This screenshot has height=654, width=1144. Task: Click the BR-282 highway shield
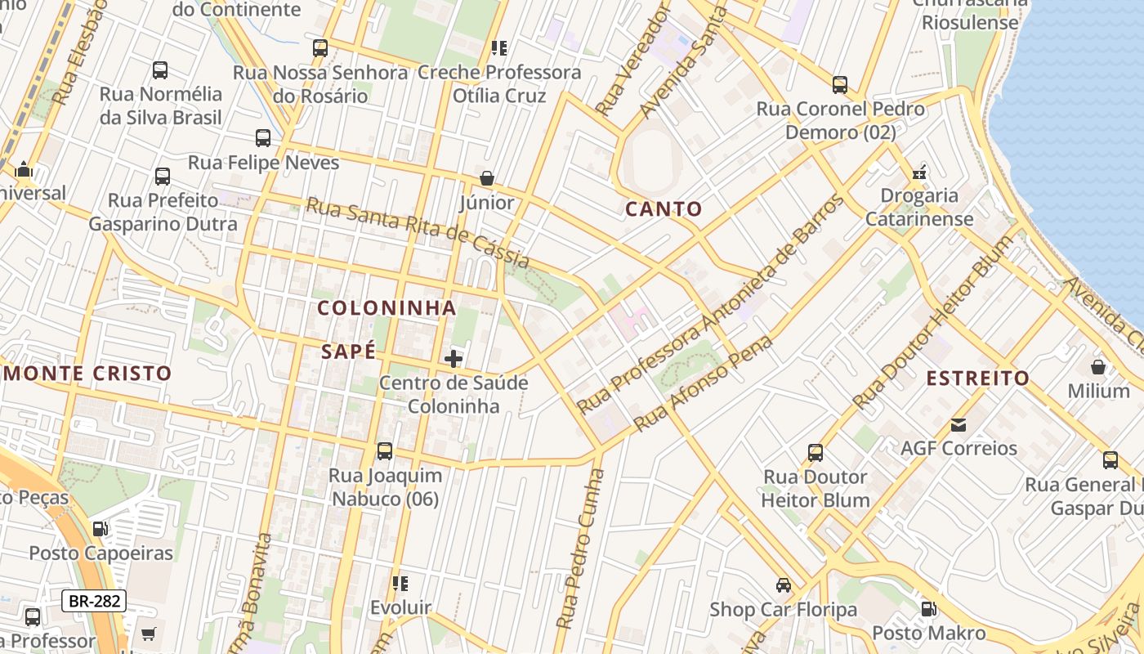(94, 602)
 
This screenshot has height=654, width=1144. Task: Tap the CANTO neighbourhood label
(664, 209)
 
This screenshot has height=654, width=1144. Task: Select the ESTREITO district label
(978, 379)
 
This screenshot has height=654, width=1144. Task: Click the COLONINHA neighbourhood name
(387, 308)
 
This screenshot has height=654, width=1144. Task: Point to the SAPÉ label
(349, 352)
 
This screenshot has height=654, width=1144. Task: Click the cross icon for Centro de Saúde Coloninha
(453, 358)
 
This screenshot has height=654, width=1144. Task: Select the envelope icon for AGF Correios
(958, 425)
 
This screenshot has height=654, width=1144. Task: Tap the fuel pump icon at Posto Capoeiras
(101, 529)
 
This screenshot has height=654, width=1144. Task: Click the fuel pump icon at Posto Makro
(928, 609)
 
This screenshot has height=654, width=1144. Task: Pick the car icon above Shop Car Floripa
(783, 585)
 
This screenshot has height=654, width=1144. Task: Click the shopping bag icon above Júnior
(487, 178)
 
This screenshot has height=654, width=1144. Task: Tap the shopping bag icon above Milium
(1098, 367)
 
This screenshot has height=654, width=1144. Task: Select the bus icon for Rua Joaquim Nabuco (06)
(384, 450)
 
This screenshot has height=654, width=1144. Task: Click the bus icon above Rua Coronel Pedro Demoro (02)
(839, 84)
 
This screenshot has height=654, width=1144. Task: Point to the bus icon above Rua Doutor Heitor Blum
(815, 452)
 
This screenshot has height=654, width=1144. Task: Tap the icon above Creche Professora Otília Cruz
(498, 48)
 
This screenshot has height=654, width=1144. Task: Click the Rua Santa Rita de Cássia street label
(418, 232)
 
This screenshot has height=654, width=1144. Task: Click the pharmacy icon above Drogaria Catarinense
(919, 172)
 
